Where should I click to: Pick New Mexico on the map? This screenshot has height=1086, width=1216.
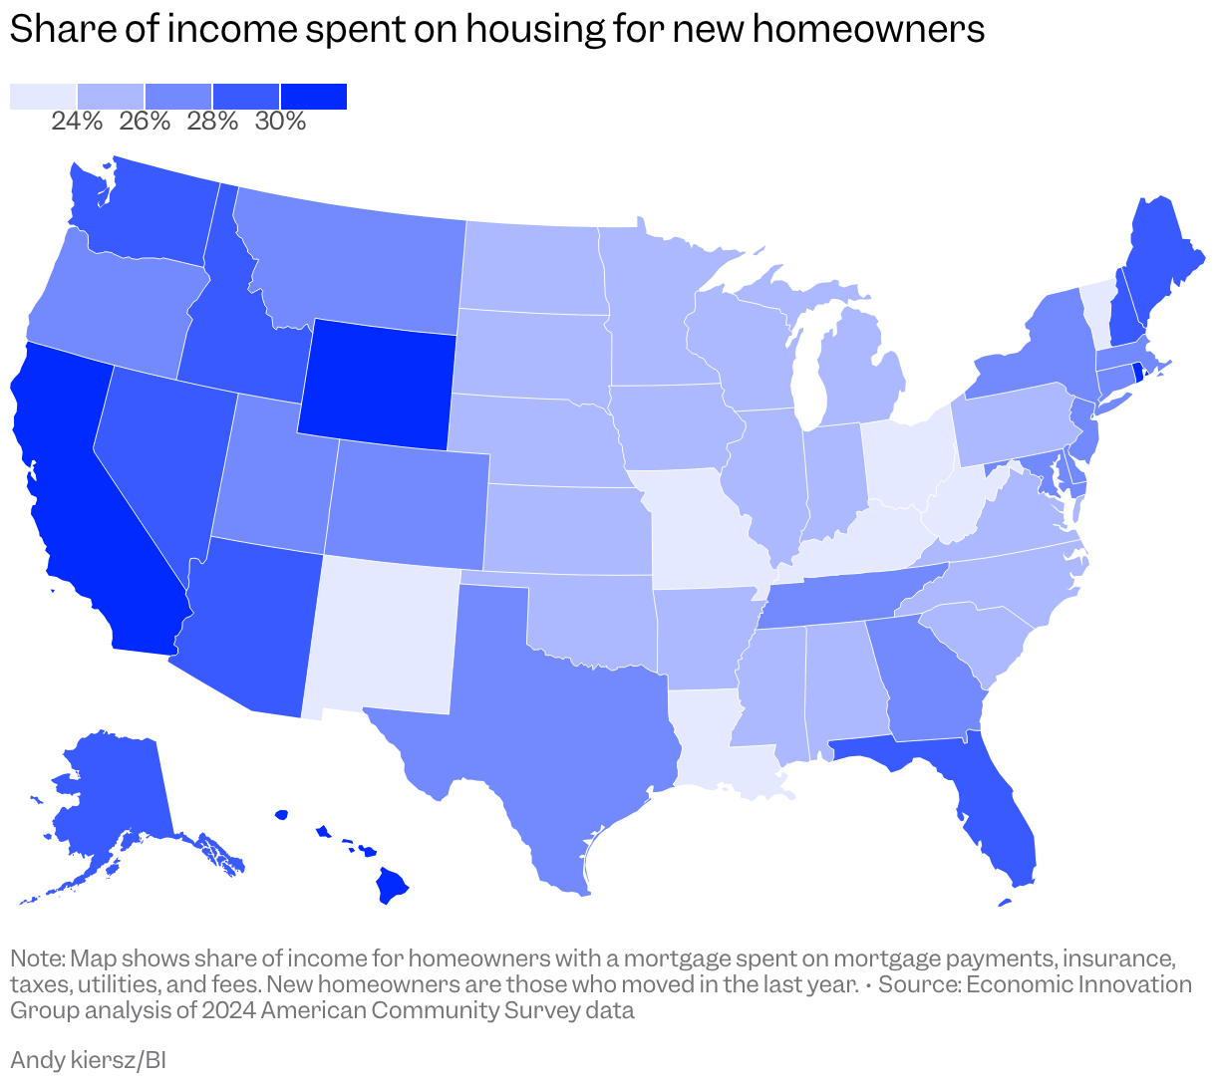[384, 638]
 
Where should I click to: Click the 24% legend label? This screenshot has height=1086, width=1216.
[77, 122]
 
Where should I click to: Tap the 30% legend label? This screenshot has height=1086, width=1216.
[280, 122]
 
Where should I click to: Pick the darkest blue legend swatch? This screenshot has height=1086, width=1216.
[313, 96]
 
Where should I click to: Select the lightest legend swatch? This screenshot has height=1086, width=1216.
[43, 96]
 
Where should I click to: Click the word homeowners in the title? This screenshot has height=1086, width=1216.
[868, 30]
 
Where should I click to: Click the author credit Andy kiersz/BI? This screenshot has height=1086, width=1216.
[88, 1059]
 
